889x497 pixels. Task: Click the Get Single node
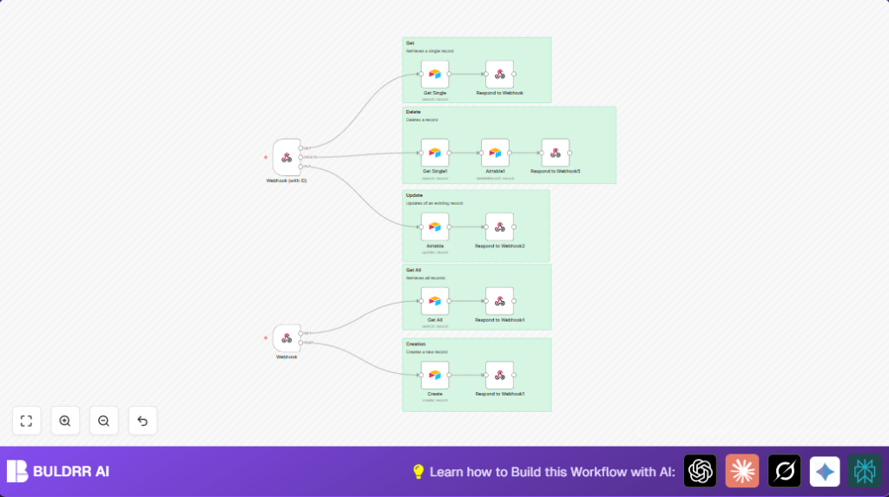[x=435, y=75]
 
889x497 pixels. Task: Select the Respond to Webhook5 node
[x=556, y=153]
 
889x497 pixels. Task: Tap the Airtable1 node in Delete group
[x=495, y=153]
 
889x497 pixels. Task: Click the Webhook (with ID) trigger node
[x=286, y=157]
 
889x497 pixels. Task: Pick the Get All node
[x=435, y=301]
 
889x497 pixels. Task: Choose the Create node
[x=435, y=376]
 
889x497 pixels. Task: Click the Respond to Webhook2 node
[x=499, y=227]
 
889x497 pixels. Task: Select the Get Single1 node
[x=435, y=153]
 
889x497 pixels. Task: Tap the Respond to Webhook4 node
[x=499, y=301]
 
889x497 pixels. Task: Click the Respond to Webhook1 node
[x=499, y=376]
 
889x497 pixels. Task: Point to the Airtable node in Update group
[x=435, y=227]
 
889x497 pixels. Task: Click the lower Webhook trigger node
[x=286, y=338]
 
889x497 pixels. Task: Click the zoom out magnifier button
[x=103, y=421]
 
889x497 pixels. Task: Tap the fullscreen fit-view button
[x=26, y=421]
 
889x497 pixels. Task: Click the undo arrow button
[x=142, y=421]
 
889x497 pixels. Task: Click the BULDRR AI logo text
[x=71, y=472]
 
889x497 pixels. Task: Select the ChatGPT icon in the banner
[x=700, y=471]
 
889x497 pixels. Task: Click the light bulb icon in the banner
[x=418, y=472]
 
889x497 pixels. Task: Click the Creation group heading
[x=416, y=344]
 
